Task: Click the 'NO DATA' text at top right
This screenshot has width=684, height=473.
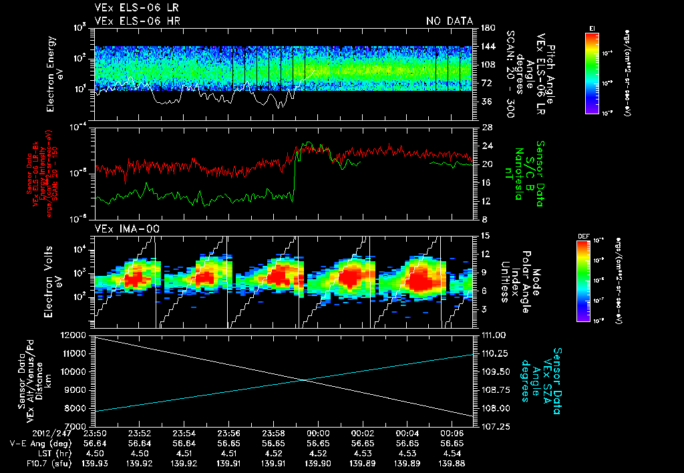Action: (x=449, y=21)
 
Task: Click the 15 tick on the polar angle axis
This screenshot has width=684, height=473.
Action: (x=484, y=236)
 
